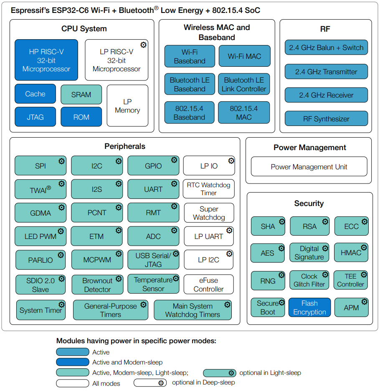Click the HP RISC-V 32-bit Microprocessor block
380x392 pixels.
(46, 60)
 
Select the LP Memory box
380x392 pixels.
(127, 106)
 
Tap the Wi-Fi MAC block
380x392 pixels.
(245, 56)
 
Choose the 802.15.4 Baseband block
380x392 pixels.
(189, 113)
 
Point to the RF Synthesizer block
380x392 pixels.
(326, 118)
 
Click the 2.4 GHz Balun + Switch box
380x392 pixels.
(326, 48)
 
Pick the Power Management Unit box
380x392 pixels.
(309, 166)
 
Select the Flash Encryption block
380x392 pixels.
(310, 307)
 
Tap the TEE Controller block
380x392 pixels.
(351, 280)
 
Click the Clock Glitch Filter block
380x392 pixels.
(309, 280)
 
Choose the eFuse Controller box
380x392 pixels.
(208, 284)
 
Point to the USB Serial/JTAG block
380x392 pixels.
(153, 260)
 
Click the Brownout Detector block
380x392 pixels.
(97, 285)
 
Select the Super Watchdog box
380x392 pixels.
(209, 213)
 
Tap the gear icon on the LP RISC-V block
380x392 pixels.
(143, 45)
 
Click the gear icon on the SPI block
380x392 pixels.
(61, 161)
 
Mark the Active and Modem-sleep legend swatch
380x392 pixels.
(73, 362)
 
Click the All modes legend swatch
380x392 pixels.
(73, 383)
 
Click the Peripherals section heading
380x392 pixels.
(125, 146)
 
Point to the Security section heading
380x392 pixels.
(309, 204)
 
